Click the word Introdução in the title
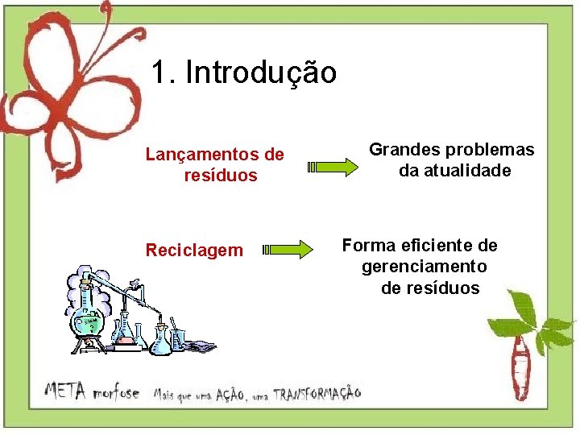261,72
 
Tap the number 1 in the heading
159,72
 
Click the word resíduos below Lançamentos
220,175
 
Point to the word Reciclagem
193,251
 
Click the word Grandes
404,150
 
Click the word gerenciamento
424,266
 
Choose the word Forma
367,245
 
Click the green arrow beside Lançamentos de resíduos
333,168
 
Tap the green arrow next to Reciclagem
288,249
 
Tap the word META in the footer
67,392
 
